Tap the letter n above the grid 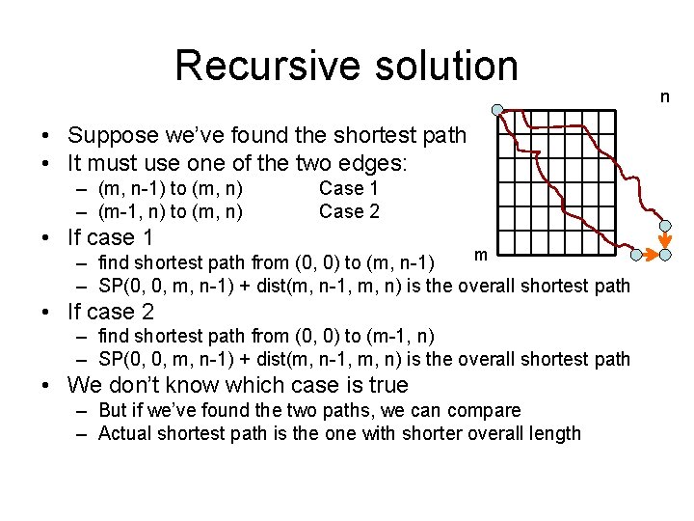click(x=664, y=96)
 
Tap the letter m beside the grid click(x=480, y=254)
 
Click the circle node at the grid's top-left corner click(x=495, y=109)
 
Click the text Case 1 click(x=349, y=188)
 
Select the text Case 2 click(x=349, y=211)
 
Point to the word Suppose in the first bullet click(x=108, y=135)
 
